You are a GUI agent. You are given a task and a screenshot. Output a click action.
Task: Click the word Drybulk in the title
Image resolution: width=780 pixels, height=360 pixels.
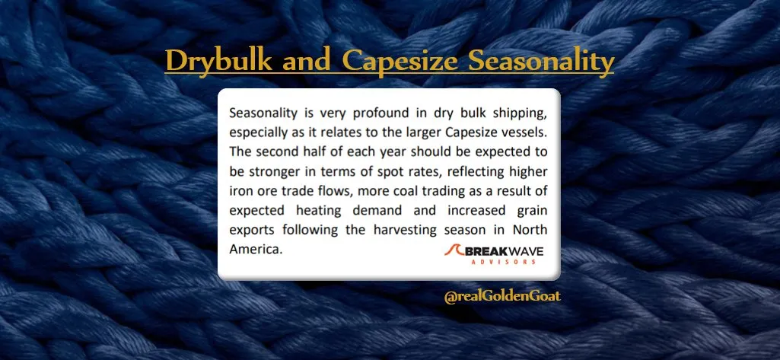pyautogui.click(x=219, y=62)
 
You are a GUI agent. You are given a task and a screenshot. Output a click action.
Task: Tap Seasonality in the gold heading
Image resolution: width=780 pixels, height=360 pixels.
pyautogui.click(x=541, y=62)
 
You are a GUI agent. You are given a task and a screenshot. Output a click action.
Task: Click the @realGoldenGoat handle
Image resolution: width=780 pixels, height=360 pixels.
pyautogui.click(x=502, y=296)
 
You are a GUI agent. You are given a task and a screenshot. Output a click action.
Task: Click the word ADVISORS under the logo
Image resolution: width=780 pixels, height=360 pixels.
pyautogui.click(x=503, y=262)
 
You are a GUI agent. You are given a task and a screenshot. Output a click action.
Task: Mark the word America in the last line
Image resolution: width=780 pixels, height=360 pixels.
pyautogui.click(x=256, y=249)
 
